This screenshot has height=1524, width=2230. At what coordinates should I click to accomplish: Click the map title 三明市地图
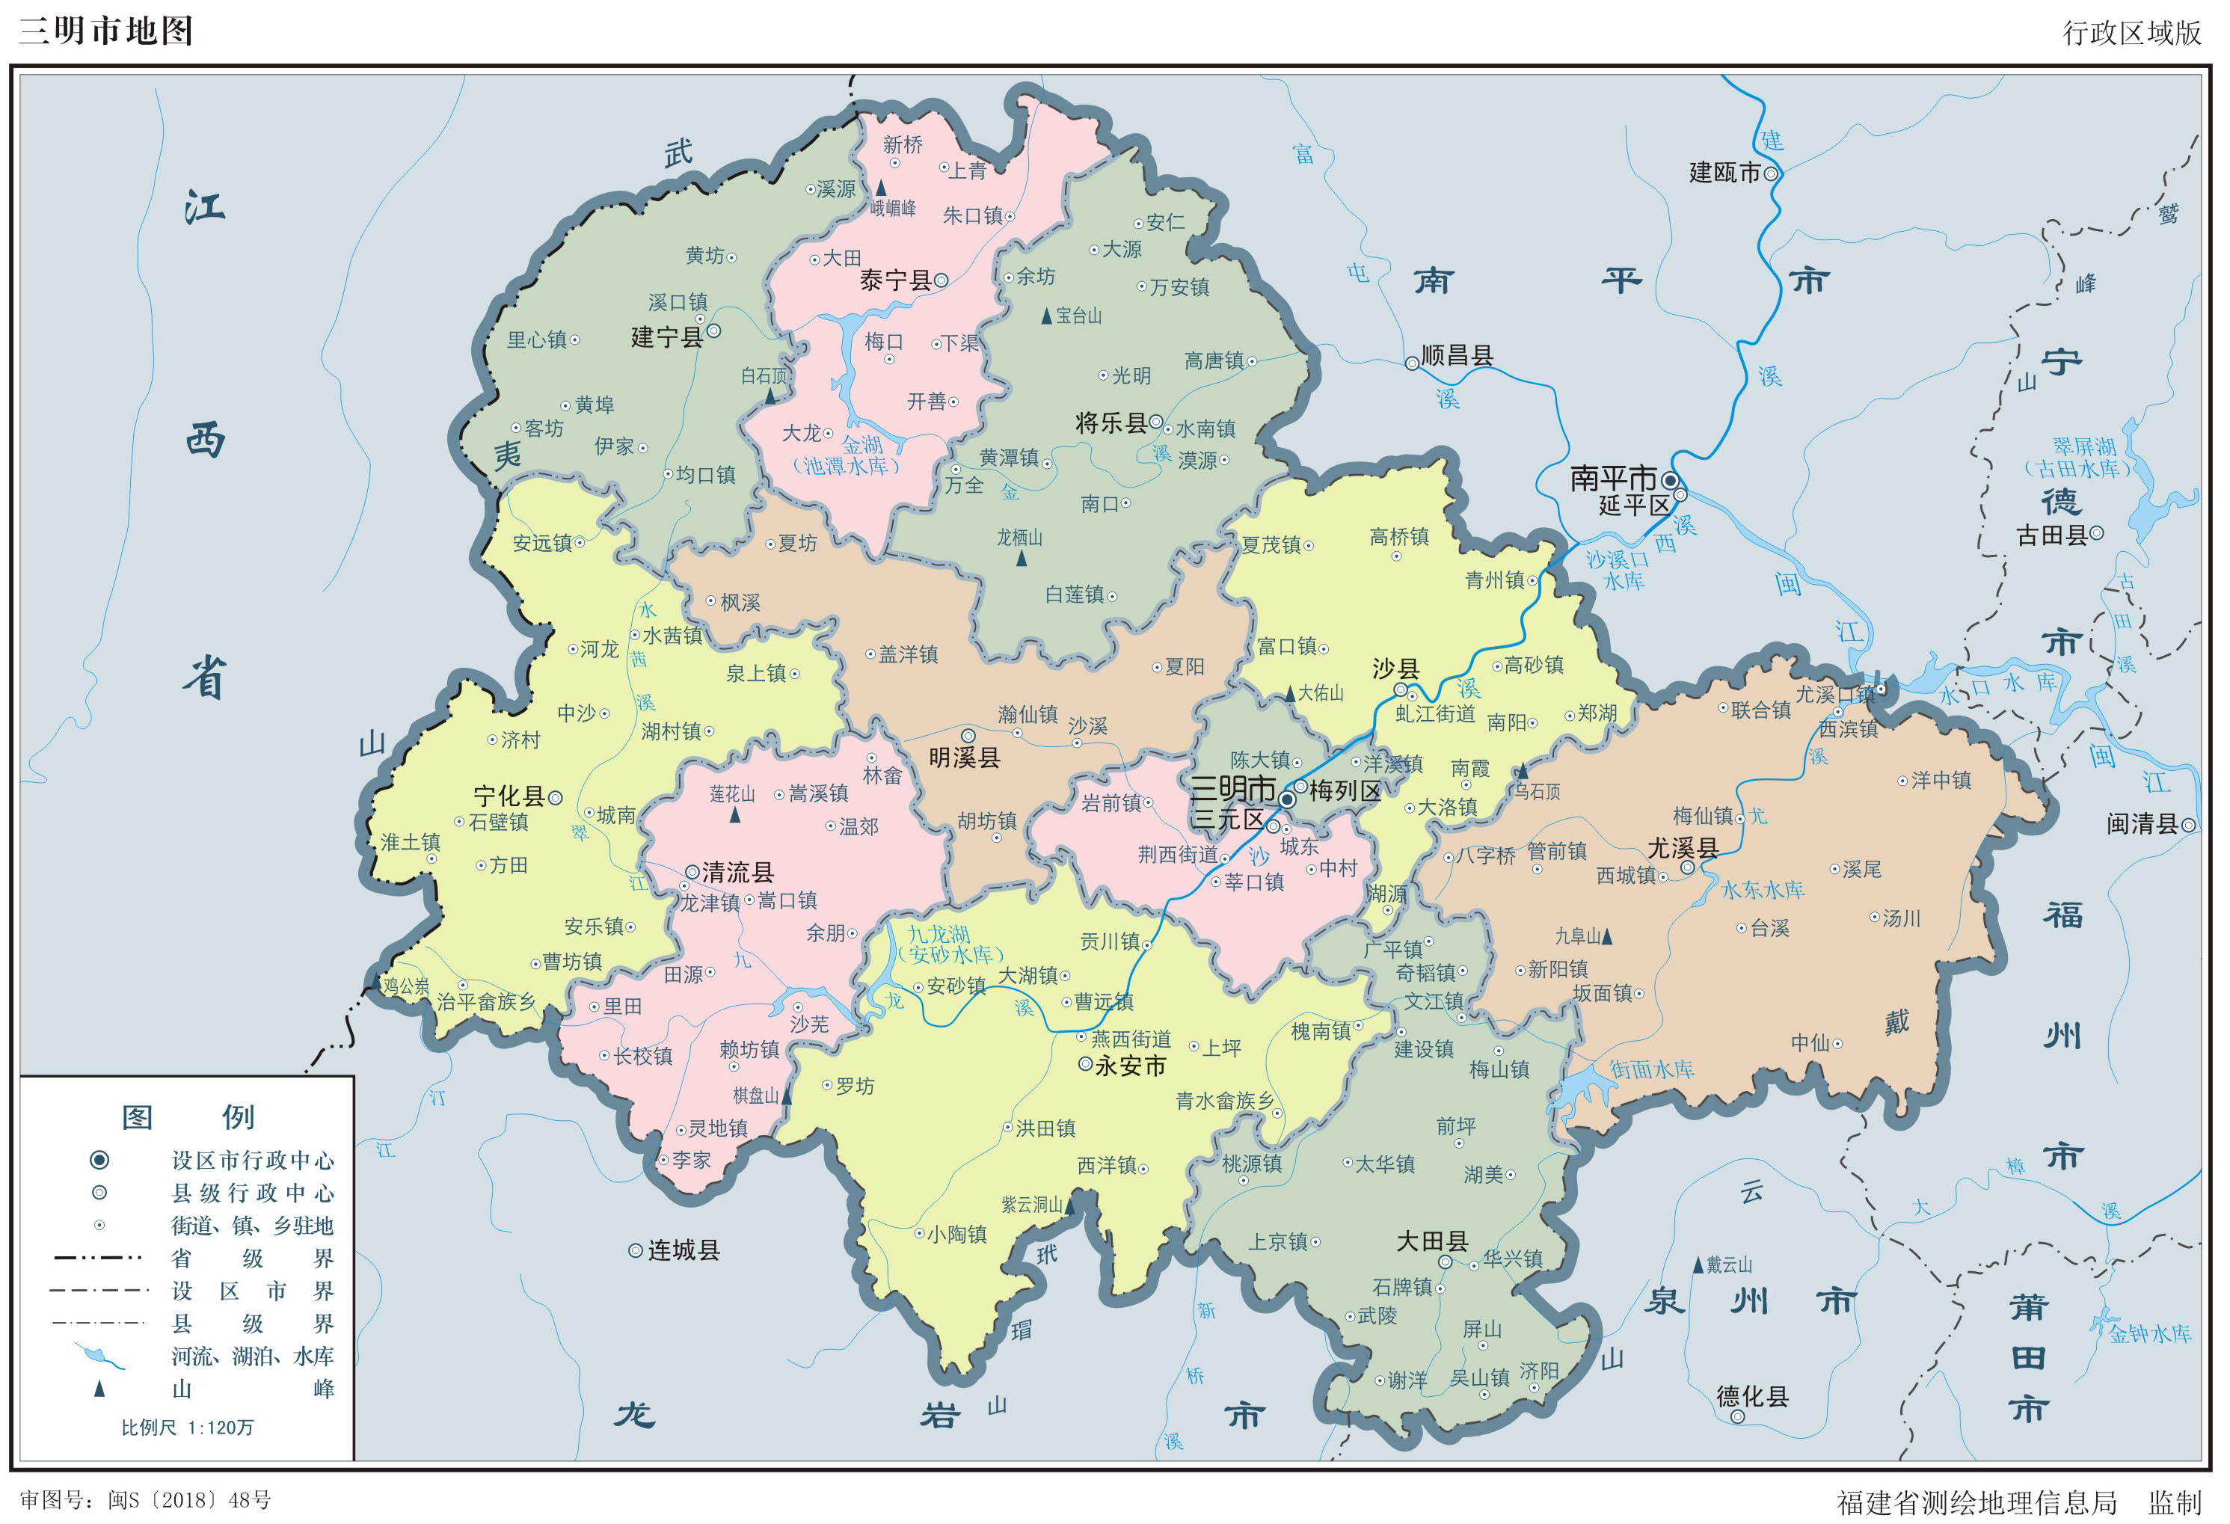[x=105, y=31]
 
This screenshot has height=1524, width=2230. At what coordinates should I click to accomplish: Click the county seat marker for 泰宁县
[x=942, y=280]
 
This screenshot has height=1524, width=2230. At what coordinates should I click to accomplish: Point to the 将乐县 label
[x=1111, y=423]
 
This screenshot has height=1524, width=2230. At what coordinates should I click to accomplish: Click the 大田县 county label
[x=1431, y=1241]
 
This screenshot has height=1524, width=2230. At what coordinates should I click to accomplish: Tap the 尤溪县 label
[x=1681, y=847]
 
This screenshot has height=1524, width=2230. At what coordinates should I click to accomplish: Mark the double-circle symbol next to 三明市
[x=1288, y=799]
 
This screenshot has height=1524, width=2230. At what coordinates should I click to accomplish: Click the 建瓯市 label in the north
[x=1724, y=173]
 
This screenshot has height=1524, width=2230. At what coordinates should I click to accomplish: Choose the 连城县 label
[x=684, y=1250]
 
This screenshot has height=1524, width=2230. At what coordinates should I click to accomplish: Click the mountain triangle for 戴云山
[x=1698, y=1265]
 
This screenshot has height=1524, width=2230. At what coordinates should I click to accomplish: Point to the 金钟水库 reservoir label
[x=2149, y=1334]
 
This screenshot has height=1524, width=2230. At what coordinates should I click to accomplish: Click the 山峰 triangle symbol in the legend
[x=99, y=1389]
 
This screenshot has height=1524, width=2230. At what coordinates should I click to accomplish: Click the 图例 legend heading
[x=187, y=1117]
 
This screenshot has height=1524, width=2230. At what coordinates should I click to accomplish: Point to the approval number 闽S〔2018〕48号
[x=189, y=1500]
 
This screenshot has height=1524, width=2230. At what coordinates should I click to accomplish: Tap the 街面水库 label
[x=1650, y=1069]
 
